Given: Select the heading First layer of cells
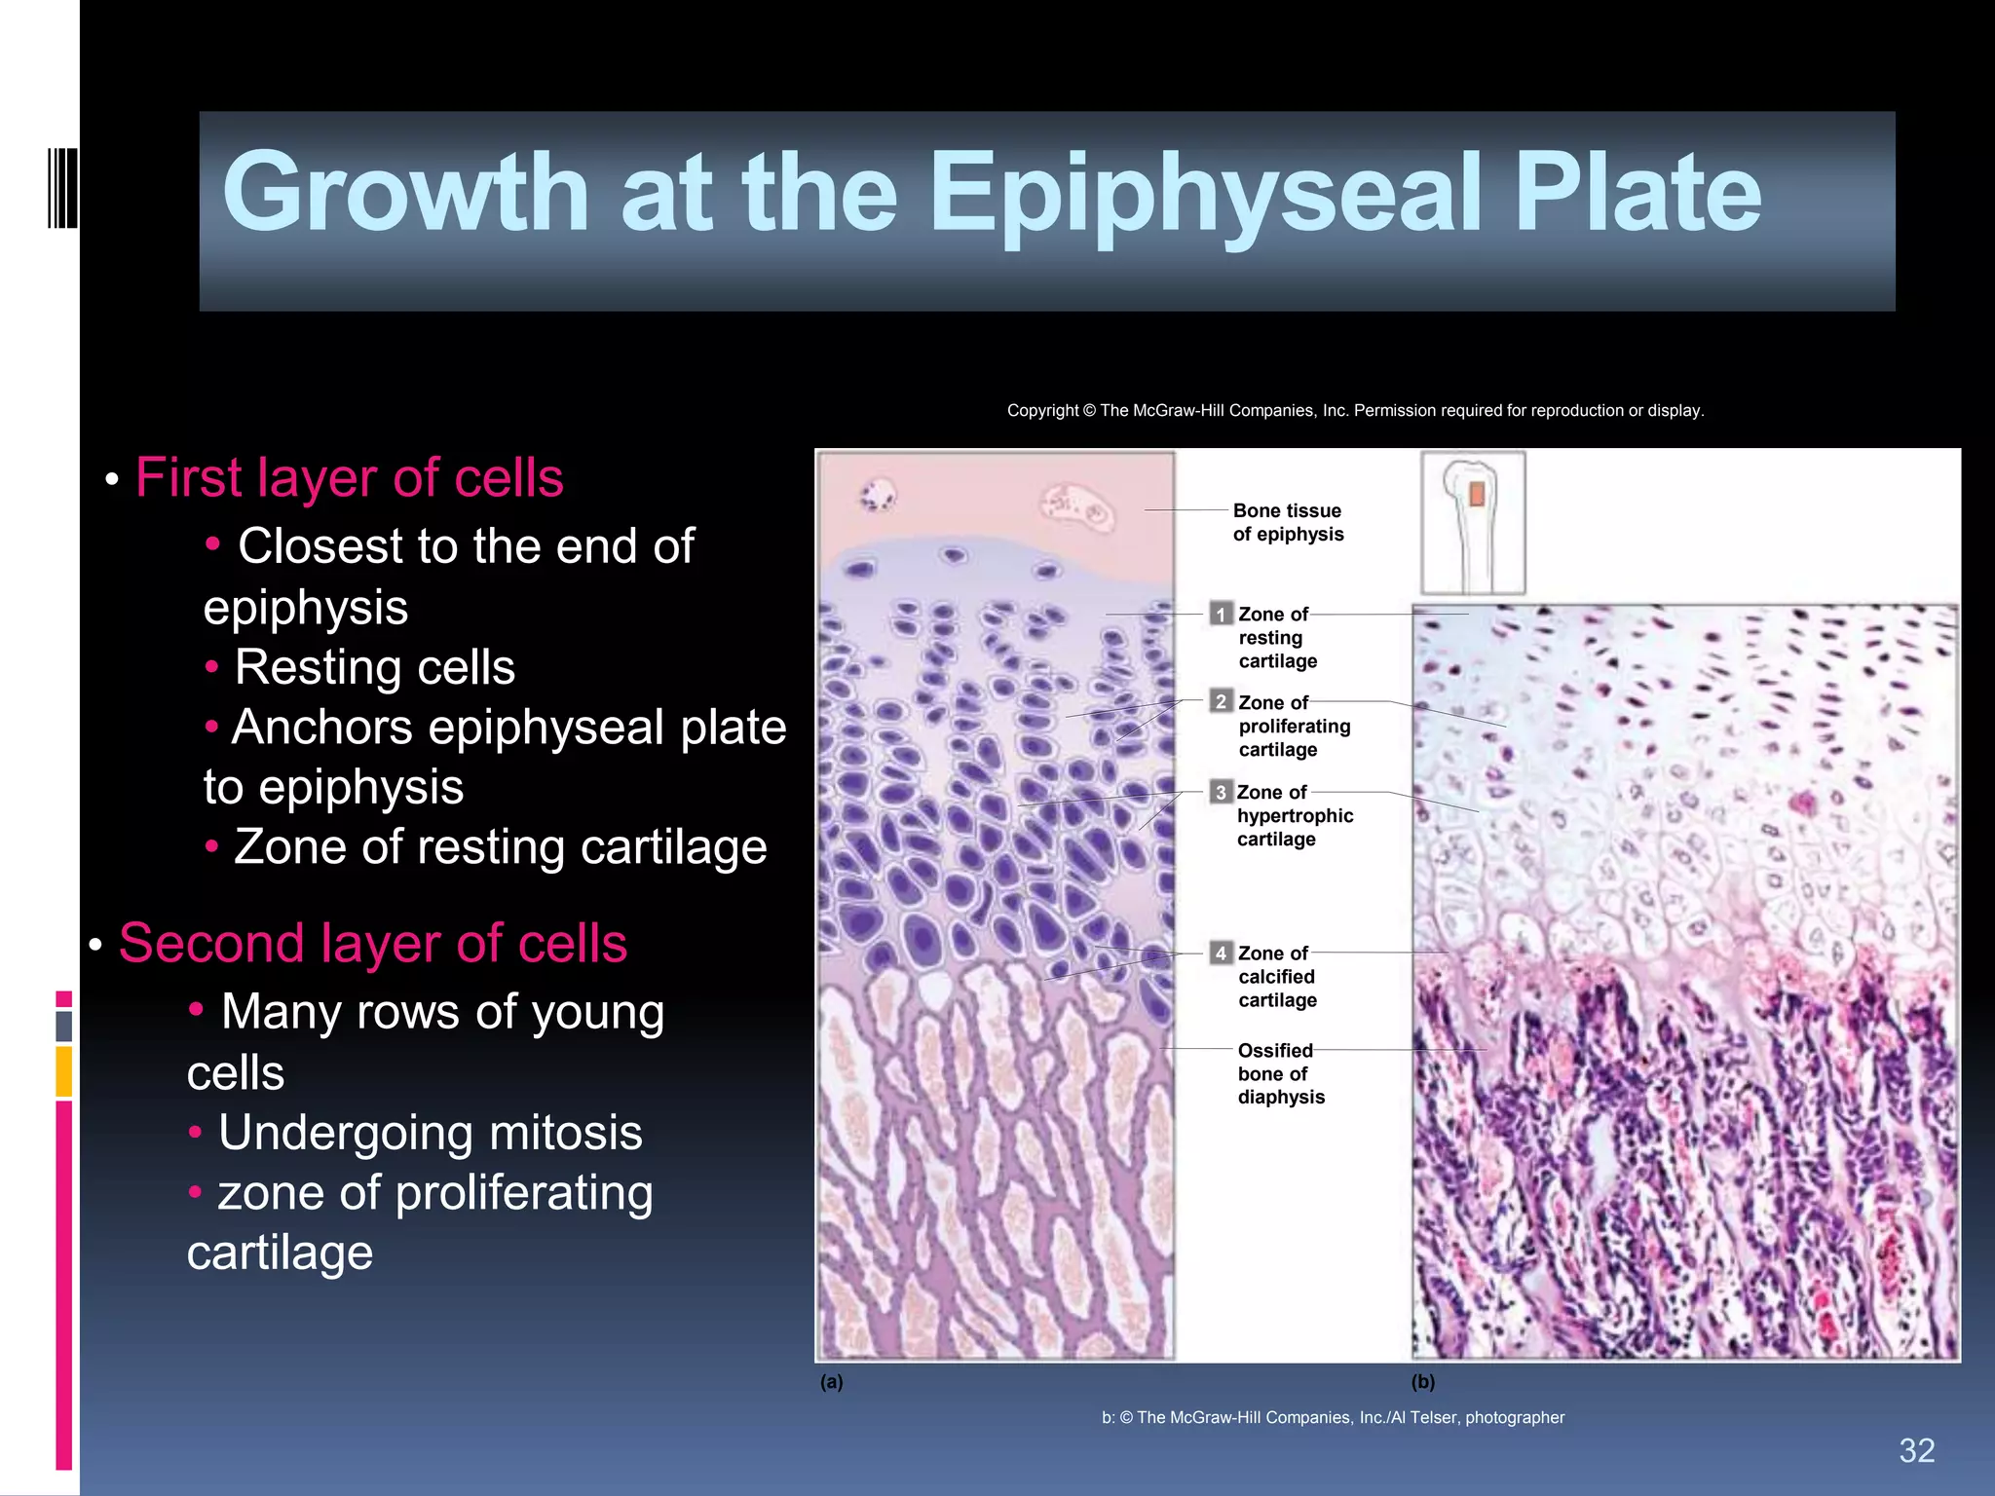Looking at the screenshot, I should (x=349, y=478).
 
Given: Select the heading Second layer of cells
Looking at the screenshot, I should (x=372, y=944).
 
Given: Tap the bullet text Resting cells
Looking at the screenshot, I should (x=374, y=668).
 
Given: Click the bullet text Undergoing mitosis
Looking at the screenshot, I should (x=430, y=1133).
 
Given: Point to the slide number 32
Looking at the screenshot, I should (x=1916, y=1450).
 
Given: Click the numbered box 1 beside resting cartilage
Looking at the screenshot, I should (x=1221, y=615).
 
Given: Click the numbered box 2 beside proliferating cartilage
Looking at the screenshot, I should (x=1221, y=702).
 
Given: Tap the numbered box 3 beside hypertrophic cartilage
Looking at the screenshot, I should (x=1221, y=792).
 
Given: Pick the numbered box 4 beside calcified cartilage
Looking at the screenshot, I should (x=1221, y=954).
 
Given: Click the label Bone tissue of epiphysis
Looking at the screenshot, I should (x=1287, y=523).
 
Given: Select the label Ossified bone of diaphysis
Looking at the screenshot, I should (x=1280, y=1073).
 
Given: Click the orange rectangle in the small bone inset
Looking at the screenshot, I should (x=1477, y=494).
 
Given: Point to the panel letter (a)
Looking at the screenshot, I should (x=831, y=1382).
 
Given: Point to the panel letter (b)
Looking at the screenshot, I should (x=1422, y=1382).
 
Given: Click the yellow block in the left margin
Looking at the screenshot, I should (x=64, y=1071).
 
